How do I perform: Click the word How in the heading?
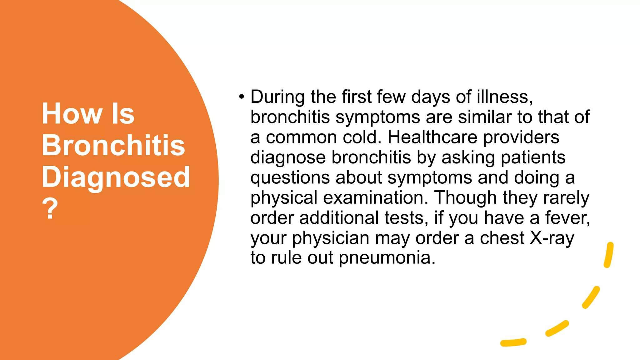72,114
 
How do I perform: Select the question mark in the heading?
50,208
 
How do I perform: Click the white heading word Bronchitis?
113,145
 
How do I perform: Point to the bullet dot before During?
241,97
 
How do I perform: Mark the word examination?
375,198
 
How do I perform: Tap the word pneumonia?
387,258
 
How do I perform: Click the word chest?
502,238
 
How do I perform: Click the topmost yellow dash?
609,255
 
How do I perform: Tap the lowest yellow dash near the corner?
513,342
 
